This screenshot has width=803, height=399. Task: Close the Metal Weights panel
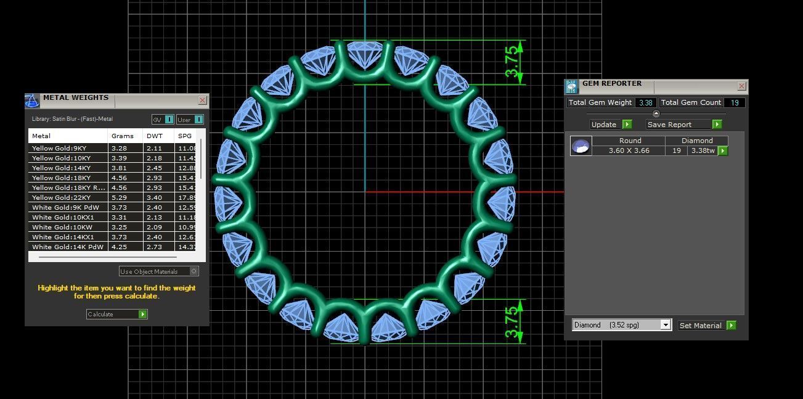click(202, 100)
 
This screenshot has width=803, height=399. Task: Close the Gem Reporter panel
click(741, 86)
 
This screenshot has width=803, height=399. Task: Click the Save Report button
click(683, 125)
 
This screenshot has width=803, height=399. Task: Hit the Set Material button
click(707, 326)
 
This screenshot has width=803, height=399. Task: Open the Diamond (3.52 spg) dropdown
click(664, 325)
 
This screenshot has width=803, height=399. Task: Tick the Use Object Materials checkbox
click(194, 271)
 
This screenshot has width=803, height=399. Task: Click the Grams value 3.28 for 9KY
click(118, 148)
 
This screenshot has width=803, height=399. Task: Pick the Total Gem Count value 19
click(735, 102)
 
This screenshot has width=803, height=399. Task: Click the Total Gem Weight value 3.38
click(645, 102)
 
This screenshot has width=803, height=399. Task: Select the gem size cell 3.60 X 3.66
click(629, 150)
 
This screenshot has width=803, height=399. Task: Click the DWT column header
click(154, 136)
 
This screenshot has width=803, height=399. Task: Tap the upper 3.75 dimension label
click(512, 62)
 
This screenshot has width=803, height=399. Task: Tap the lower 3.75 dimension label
click(512, 322)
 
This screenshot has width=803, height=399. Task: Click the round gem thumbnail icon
click(581, 146)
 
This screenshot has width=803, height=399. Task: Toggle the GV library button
click(163, 120)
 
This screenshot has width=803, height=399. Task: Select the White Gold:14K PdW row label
click(68, 247)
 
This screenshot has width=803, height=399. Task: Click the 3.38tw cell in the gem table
click(703, 150)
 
